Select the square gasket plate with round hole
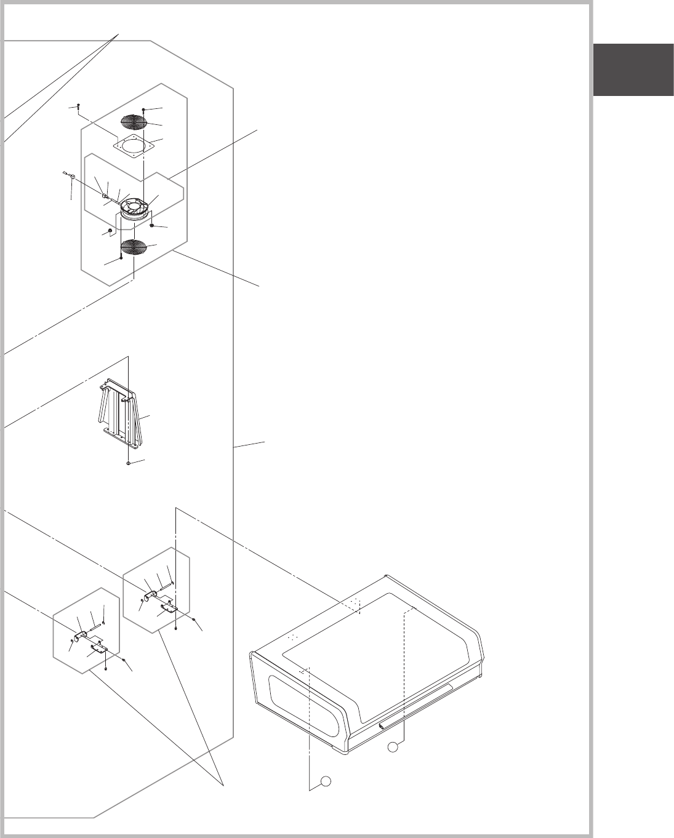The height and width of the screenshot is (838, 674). point(132,146)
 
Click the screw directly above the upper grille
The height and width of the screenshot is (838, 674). point(143,110)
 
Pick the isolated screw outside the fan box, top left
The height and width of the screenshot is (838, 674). point(78,106)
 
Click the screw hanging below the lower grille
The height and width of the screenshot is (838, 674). point(121,258)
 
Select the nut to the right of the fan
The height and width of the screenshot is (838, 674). point(151,226)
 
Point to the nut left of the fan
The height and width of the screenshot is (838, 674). point(110,231)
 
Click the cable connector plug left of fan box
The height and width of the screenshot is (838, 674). point(72,178)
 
